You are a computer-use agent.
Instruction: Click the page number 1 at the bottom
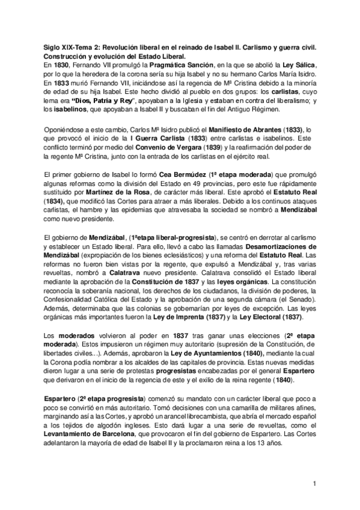coord(314,483)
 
